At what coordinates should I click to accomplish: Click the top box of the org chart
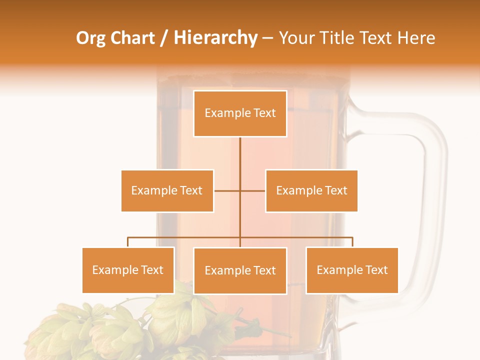click(240, 113)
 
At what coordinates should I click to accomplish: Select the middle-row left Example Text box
click(167, 190)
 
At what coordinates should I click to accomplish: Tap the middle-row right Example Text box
click(311, 190)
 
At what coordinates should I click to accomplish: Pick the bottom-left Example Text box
click(128, 270)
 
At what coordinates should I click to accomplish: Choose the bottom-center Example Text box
click(240, 270)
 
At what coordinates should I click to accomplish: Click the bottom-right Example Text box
click(352, 270)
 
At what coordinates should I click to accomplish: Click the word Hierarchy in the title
click(215, 38)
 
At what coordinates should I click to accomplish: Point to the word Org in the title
click(90, 38)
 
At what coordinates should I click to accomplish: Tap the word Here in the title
click(416, 38)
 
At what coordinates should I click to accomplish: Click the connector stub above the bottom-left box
click(128, 242)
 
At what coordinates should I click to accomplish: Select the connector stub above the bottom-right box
click(352, 242)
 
